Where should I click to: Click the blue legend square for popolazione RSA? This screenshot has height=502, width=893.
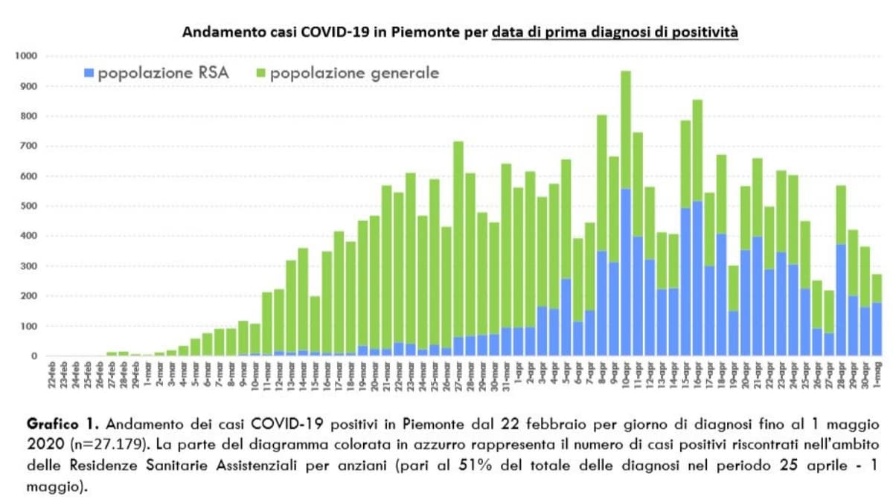(90, 74)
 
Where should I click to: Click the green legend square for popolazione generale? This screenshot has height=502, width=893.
(261, 74)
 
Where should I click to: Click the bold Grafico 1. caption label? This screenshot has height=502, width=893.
(63, 425)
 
